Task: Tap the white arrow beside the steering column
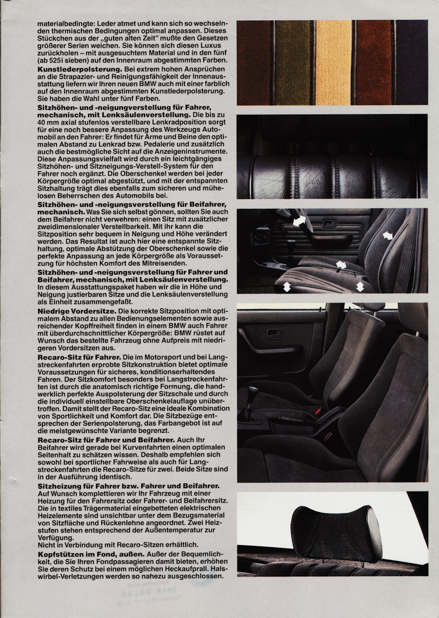300,221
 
